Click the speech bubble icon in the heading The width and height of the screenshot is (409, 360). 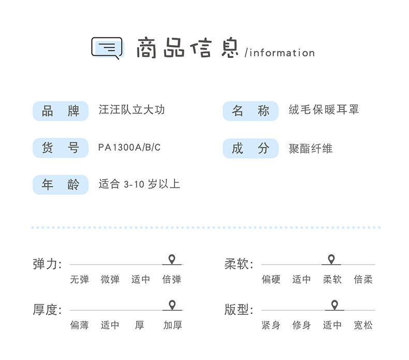point(107,48)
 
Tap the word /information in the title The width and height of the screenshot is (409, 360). point(280,53)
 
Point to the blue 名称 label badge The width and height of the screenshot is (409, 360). point(251,111)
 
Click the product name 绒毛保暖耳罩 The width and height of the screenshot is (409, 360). point(324,110)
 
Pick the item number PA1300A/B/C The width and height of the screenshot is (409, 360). point(129,148)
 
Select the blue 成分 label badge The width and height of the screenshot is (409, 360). point(251,149)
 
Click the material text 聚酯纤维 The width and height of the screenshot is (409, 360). point(311,149)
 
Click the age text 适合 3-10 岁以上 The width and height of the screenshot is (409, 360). point(139,184)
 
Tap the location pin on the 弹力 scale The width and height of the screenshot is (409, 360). point(172,260)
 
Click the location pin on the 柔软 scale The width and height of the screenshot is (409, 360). point(331,260)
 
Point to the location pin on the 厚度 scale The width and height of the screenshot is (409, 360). point(172,305)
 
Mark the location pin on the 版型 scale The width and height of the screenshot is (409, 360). point(334,305)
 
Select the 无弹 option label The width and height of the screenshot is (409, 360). point(80,280)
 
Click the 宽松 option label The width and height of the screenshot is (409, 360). point(363,325)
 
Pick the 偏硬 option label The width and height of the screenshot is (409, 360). point(271,280)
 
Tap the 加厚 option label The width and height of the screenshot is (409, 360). point(172,325)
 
